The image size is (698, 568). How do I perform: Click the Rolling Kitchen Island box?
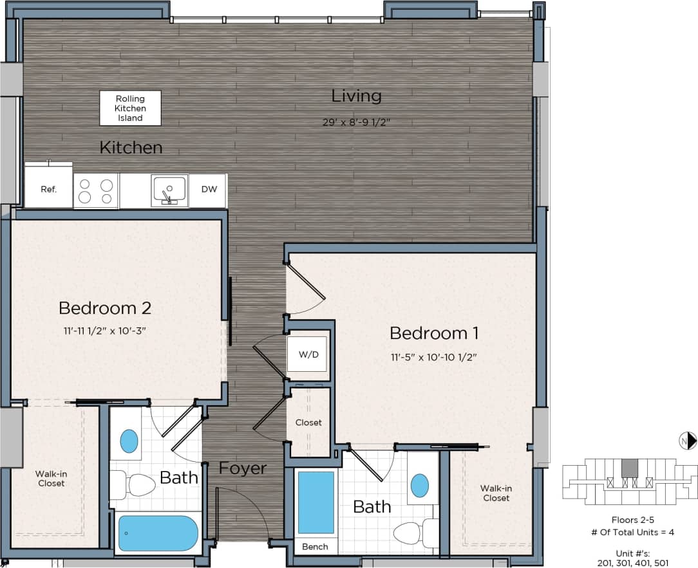[130, 108]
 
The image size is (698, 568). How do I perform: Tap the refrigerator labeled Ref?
[48, 190]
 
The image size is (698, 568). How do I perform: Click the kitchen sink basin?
[169, 189]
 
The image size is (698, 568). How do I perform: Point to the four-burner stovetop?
[96, 191]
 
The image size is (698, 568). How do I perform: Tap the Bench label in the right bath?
[315, 547]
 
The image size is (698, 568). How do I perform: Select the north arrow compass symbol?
[688, 441]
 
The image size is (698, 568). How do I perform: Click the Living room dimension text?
[357, 122]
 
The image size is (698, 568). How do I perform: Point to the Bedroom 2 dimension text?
[105, 331]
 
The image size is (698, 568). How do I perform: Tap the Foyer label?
[242, 468]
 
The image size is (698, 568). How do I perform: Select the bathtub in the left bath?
[158, 533]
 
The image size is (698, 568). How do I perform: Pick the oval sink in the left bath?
[129, 441]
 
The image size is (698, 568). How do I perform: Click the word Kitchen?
[131, 148]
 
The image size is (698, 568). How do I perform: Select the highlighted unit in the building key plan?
[629, 468]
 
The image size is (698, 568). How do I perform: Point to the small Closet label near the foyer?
[308, 423]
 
